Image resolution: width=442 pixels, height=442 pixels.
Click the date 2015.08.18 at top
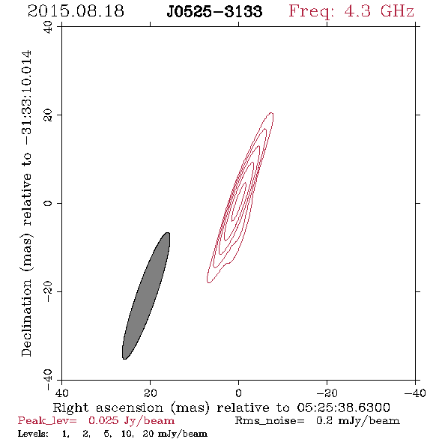point(76,11)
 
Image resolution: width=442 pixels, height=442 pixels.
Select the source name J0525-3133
point(214,11)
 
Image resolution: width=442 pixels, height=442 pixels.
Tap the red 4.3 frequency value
point(357,11)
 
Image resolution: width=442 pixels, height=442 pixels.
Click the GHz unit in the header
point(398,11)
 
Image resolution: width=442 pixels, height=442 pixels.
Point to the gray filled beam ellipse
point(146,296)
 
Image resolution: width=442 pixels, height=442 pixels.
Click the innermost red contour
point(239,202)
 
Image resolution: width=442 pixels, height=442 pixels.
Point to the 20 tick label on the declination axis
point(48,115)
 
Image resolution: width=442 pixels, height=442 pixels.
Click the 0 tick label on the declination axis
point(48,203)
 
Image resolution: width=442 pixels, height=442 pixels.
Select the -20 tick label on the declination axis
point(48,291)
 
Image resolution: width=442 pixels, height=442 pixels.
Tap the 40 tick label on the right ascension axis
point(61,393)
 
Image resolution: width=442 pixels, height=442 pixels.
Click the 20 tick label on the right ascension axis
point(151,393)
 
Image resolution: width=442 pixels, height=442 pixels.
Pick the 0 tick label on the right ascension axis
point(239,393)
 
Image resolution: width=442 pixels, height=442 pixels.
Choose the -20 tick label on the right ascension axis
point(327,393)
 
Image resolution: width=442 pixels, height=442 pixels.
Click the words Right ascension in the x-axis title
point(108,408)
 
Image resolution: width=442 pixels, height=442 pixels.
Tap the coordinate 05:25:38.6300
point(344,408)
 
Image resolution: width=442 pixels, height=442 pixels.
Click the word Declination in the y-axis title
point(26,318)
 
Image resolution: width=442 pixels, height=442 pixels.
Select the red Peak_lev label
point(47,421)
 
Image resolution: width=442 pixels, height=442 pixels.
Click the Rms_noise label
point(270,421)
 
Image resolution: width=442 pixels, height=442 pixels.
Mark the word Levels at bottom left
point(33,434)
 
